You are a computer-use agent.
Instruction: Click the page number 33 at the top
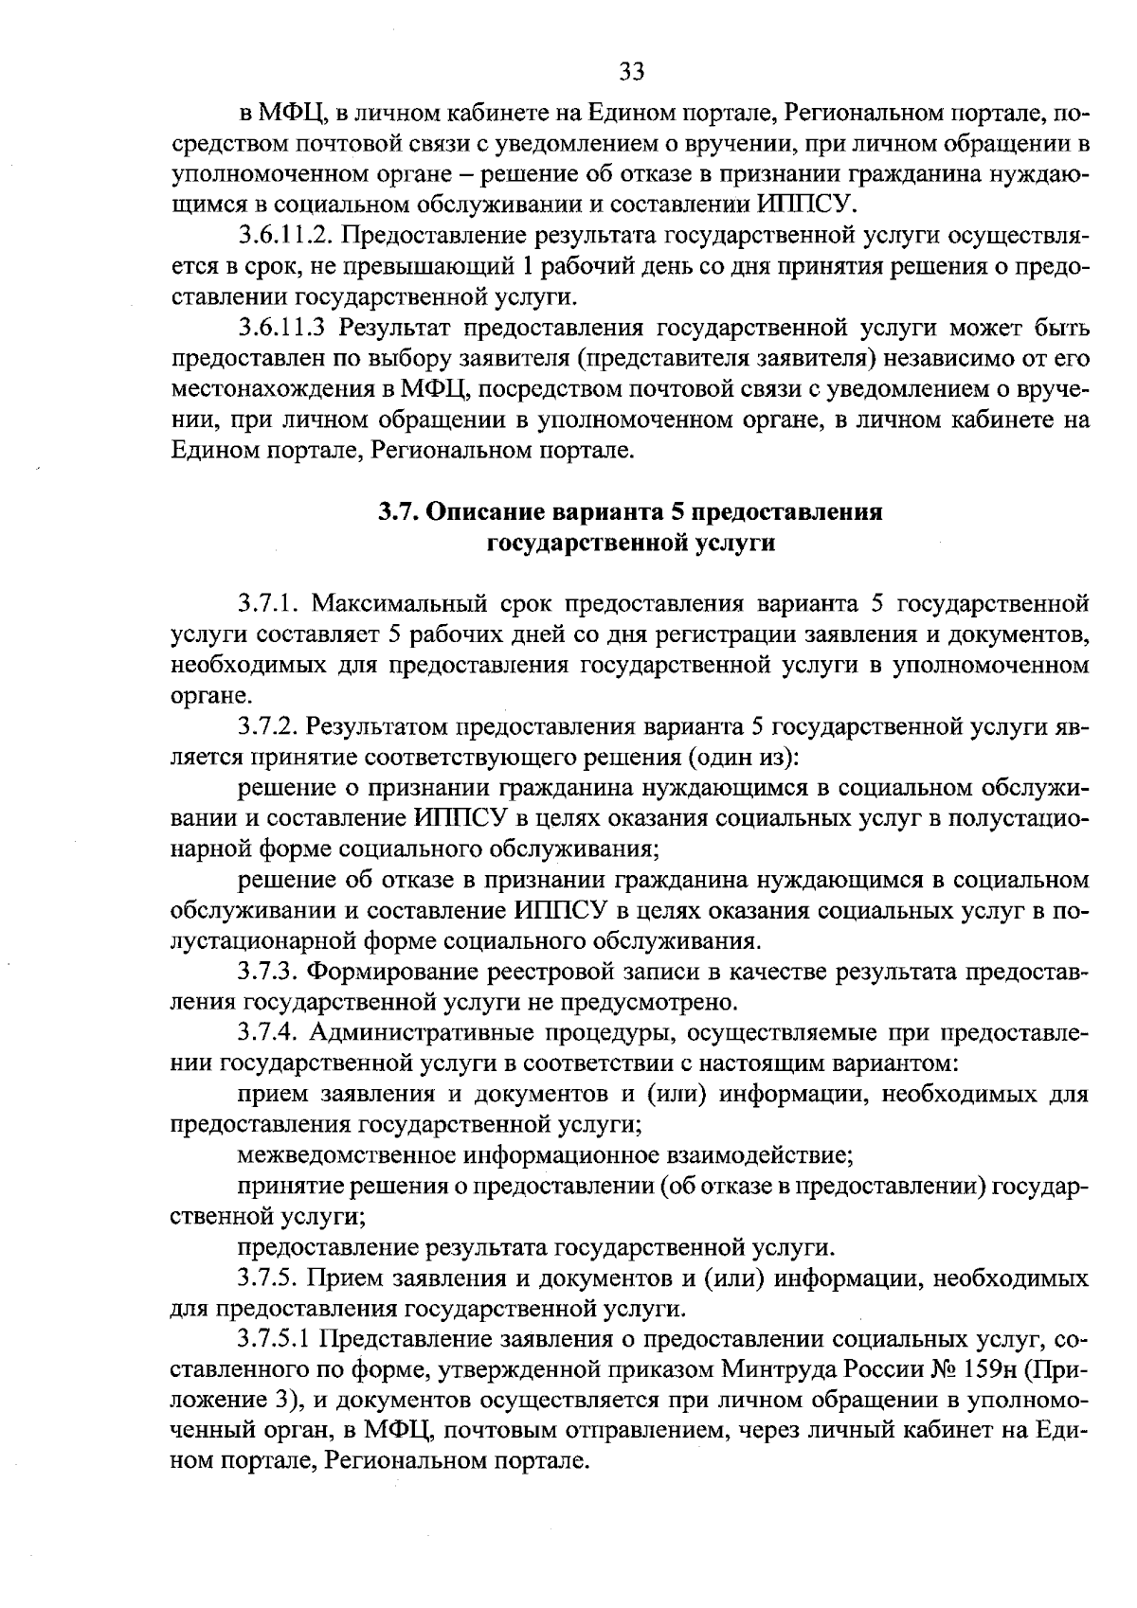pyautogui.click(x=631, y=71)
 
